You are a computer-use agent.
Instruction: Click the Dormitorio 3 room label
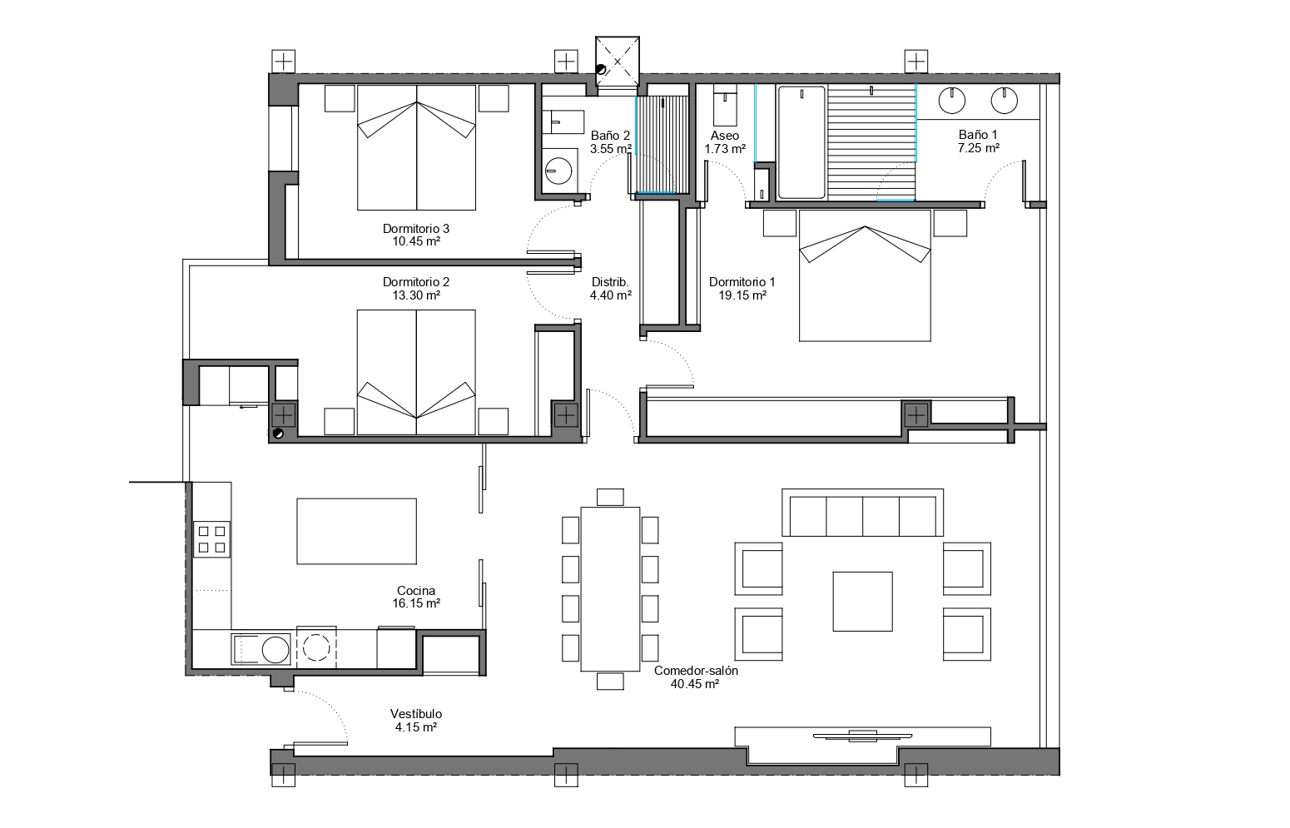(x=416, y=229)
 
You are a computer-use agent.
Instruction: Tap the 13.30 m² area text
(x=416, y=295)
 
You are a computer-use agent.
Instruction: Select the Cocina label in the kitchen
(x=416, y=590)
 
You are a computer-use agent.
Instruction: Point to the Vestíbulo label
(x=416, y=714)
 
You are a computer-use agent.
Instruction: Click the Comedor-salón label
(x=696, y=671)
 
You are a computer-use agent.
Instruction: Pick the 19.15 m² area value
(x=742, y=295)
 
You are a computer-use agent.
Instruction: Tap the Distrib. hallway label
(x=610, y=282)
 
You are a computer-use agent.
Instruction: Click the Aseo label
(x=724, y=136)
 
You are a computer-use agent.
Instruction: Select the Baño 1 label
(x=978, y=135)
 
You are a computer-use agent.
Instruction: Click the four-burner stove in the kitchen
(x=212, y=539)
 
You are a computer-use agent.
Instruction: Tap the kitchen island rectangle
(x=356, y=531)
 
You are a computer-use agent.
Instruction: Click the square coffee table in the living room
(x=862, y=601)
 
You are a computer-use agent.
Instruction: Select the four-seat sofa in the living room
(x=862, y=513)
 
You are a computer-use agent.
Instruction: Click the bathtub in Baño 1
(x=801, y=142)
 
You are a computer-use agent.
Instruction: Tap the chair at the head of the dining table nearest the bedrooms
(x=610, y=497)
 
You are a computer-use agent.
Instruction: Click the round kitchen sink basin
(x=275, y=650)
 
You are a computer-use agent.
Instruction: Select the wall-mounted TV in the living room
(x=862, y=735)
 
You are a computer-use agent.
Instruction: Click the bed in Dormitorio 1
(x=865, y=275)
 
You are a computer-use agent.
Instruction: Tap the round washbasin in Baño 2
(x=558, y=171)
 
